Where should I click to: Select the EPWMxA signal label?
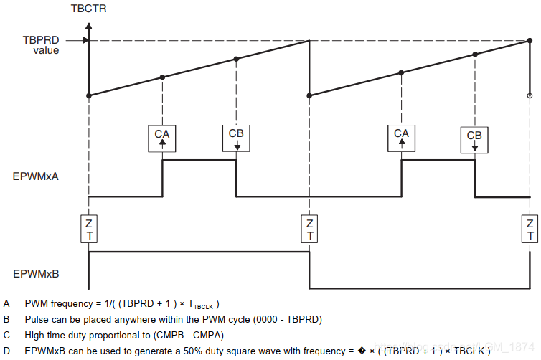[x=35, y=175]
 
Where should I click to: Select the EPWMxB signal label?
[x=35, y=273]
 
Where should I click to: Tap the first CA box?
[x=163, y=138]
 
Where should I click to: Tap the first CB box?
[x=236, y=138]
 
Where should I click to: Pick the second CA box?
[x=402, y=138]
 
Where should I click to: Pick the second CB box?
[x=474, y=138]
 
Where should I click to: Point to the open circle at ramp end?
[x=530, y=95]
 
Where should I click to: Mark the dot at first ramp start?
[x=88, y=95]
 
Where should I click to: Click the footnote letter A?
[x=6, y=304]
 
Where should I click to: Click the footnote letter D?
[x=6, y=351]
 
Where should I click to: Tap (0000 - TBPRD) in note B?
[x=284, y=319]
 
